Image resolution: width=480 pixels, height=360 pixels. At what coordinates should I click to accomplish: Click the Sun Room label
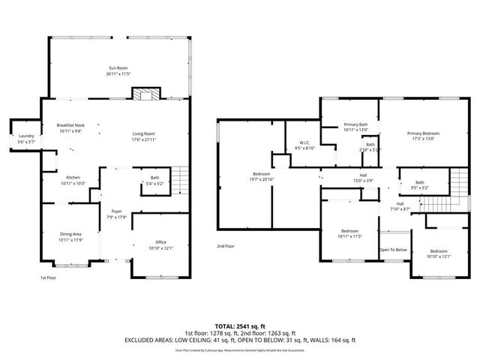[x=119, y=68]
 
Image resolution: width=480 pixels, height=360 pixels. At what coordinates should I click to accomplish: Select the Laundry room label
[x=26, y=136]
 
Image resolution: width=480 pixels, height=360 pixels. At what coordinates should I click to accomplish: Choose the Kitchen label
[x=73, y=178]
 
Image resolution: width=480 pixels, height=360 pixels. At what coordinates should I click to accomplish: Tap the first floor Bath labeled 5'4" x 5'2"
[x=154, y=178]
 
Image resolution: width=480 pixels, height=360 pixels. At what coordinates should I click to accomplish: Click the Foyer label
[x=116, y=212]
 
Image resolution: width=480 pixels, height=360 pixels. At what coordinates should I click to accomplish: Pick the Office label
[x=160, y=242]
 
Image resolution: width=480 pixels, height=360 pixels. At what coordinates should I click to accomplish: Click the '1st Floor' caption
[x=49, y=277]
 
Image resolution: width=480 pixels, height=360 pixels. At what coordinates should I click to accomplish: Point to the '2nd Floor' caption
[x=226, y=246]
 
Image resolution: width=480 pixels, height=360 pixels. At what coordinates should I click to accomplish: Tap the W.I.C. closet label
[x=304, y=143]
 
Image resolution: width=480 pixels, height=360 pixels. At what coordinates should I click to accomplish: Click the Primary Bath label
[x=355, y=124]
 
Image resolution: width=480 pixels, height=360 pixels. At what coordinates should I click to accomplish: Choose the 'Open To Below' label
[x=393, y=250]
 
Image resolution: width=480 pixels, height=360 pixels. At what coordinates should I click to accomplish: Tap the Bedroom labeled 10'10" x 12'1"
[x=439, y=250]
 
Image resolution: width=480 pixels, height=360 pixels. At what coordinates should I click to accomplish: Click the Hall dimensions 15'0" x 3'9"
[x=362, y=180]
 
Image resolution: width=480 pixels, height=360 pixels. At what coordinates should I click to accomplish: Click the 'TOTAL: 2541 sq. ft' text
[x=240, y=325]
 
